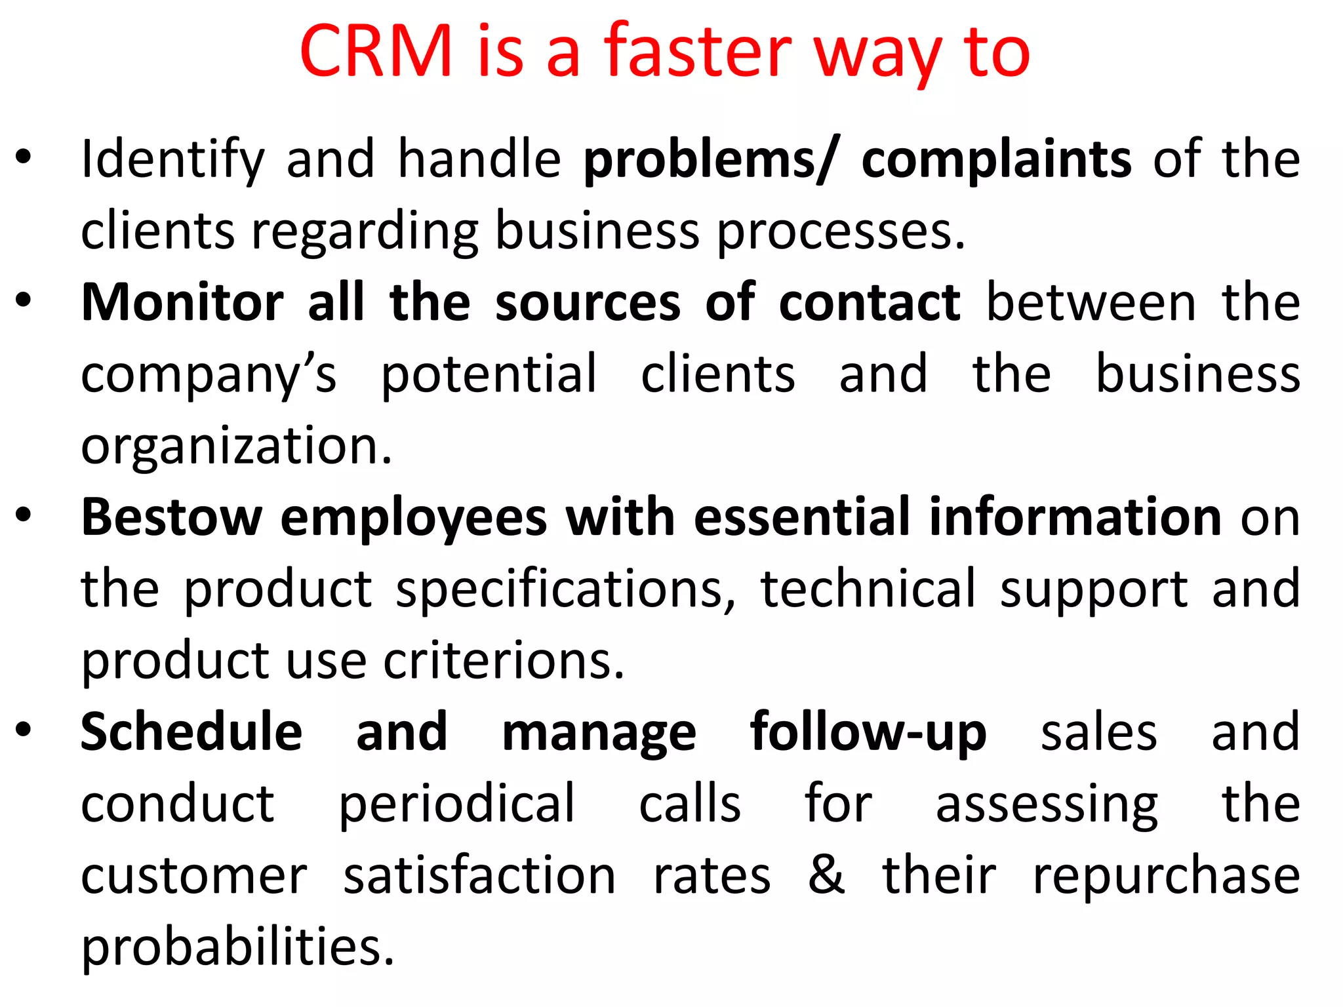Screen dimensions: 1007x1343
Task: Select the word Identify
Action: click(172, 160)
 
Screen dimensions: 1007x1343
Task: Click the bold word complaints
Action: click(996, 160)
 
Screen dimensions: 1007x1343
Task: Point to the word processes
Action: click(841, 231)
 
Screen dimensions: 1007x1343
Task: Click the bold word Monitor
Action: click(182, 302)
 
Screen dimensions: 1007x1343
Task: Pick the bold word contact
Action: click(870, 302)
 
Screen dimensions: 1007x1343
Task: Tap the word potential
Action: click(489, 374)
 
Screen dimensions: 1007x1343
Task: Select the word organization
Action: click(236, 446)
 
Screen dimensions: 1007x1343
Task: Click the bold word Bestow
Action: click(172, 517)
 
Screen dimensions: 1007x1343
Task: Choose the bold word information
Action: click(1075, 517)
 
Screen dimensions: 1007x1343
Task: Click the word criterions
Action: click(504, 660)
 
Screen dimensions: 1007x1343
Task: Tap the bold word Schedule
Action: click(191, 732)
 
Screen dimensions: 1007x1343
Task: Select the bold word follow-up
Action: click(868, 732)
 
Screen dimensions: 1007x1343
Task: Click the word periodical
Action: click(456, 804)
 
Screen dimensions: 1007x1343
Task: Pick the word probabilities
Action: click(237, 947)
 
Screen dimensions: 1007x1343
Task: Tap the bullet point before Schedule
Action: click(24, 730)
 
